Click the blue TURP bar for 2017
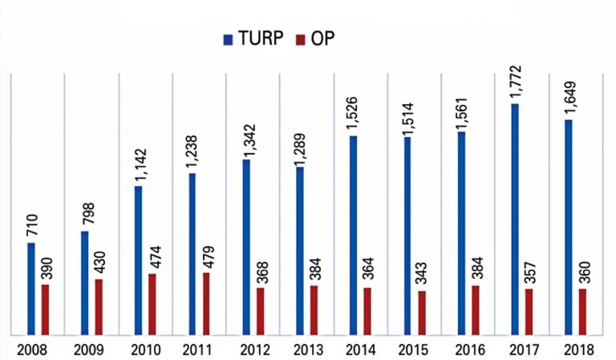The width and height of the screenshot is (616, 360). pyautogui.click(x=514, y=219)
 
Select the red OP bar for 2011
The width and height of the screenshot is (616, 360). pyautogui.click(x=206, y=304)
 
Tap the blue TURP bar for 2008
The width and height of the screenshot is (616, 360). pyautogui.click(x=30, y=289)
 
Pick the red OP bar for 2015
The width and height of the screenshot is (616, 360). pyautogui.click(x=422, y=313)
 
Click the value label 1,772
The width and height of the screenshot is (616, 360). pyautogui.click(x=515, y=83)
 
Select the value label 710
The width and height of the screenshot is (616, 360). pyautogui.click(x=31, y=224)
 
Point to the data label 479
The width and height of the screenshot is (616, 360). pyautogui.click(x=207, y=254)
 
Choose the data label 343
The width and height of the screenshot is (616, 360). pyautogui.click(x=423, y=273)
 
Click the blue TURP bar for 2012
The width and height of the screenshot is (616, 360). pyautogui.click(x=245, y=247)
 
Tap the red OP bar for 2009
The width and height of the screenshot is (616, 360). pyautogui.click(x=99, y=307)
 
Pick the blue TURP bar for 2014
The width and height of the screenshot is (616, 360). pyautogui.click(x=353, y=236)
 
